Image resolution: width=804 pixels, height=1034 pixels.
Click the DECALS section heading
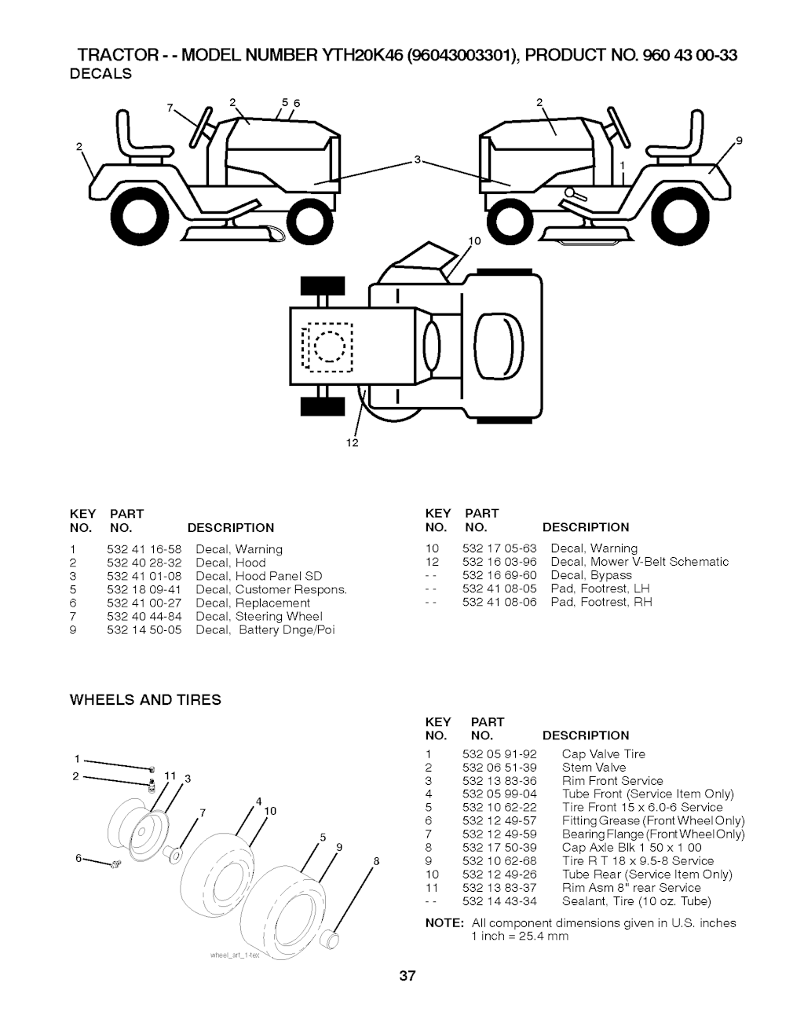click(x=100, y=75)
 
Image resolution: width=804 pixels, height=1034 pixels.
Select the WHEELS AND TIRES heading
click(x=145, y=699)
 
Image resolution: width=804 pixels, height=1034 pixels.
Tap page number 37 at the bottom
click(x=406, y=977)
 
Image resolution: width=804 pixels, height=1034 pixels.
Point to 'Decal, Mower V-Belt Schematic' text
click(x=639, y=562)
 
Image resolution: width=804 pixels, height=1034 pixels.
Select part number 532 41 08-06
click(x=499, y=602)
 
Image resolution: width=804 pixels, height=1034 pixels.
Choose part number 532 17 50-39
click(x=499, y=848)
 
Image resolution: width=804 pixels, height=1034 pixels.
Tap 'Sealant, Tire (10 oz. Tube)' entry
click(x=636, y=901)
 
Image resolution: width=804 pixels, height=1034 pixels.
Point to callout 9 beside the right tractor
click(x=738, y=142)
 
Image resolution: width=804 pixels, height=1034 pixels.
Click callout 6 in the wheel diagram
click(x=79, y=859)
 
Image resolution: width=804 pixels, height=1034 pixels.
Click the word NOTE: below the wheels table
click(x=444, y=923)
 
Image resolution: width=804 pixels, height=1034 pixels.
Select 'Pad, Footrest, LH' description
click(x=600, y=588)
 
